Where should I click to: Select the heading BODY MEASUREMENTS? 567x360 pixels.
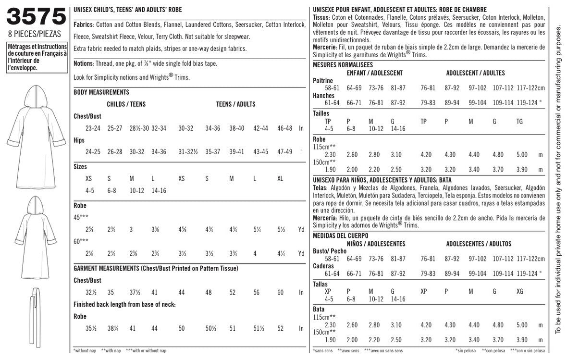click(101, 92)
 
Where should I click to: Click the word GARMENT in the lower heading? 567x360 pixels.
click(87, 268)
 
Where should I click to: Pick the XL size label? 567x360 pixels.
click(280, 179)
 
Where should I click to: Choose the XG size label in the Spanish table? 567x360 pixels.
click(519, 292)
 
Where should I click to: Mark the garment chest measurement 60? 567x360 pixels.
click(280, 292)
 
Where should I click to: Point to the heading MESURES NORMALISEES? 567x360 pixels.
click(343, 65)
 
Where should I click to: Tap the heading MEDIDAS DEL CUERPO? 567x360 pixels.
click(341, 236)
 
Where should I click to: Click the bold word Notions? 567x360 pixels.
click(84, 63)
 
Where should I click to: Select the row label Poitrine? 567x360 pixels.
click(323, 81)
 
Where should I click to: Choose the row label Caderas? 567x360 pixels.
click(323, 266)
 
